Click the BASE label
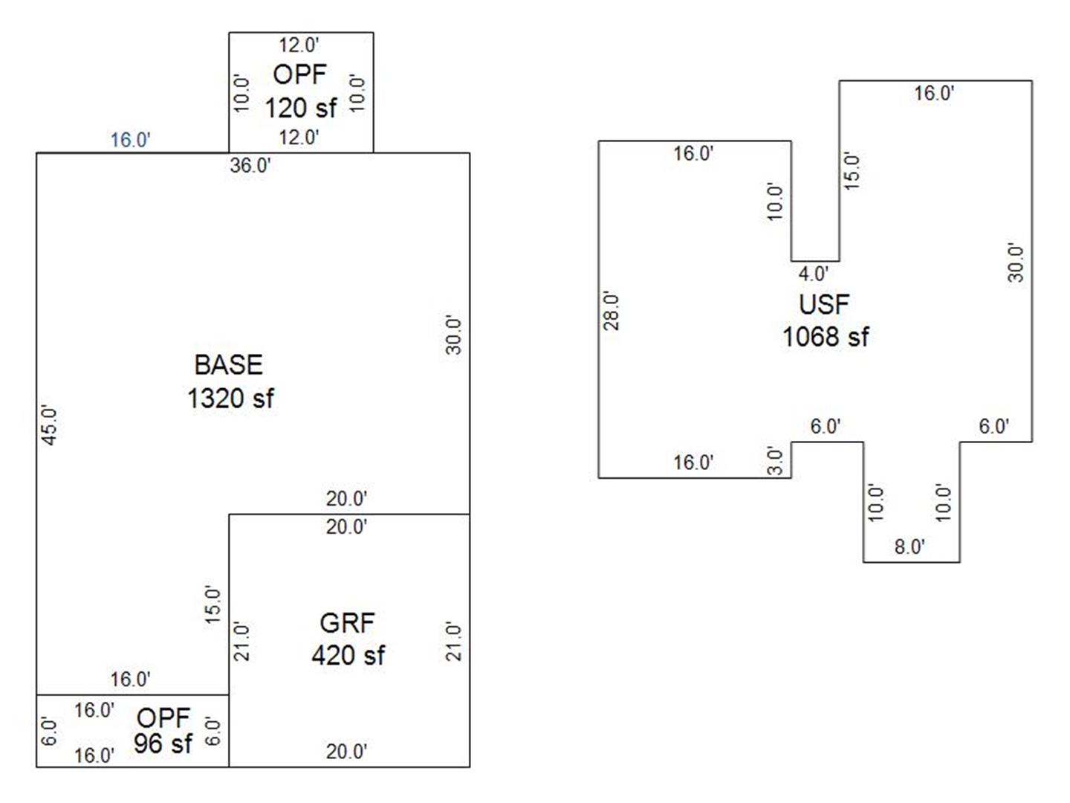pos(228,365)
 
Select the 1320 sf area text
pos(230,399)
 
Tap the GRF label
pos(347,623)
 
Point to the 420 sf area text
pos(348,655)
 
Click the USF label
pos(824,304)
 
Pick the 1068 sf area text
pos(825,337)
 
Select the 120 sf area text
pos(301,108)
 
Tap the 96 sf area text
pos(163,743)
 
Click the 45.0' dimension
pos(49,425)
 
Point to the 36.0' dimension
pos(250,165)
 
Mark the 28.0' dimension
pos(611,310)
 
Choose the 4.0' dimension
pos(813,274)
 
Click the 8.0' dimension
pos(909,547)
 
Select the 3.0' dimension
pos(775,461)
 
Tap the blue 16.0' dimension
pos(131,140)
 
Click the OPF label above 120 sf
pos(299,74)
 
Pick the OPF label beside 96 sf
pos(163,717)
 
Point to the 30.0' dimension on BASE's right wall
pos(454,335)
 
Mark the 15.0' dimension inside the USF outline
pos(852,171)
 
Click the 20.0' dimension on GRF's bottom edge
pos(346,752)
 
